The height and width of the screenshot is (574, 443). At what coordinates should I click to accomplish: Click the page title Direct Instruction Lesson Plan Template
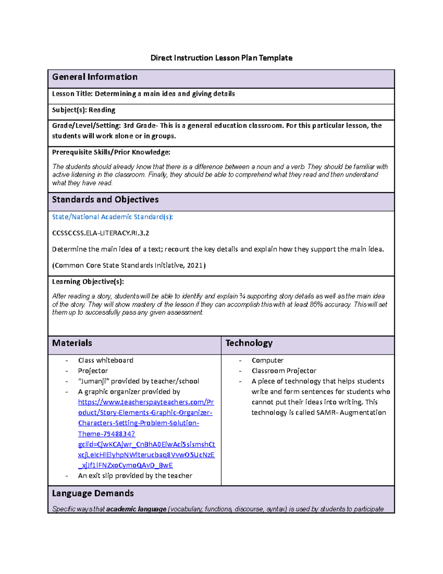[221, 58]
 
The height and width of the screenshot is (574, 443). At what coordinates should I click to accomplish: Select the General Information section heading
[95, 77]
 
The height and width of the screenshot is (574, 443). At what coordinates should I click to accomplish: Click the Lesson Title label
[72, 94]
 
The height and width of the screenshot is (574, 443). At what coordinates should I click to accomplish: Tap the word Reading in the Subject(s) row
[102, 110]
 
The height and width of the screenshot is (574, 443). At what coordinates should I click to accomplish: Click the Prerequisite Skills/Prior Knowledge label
[111, 152]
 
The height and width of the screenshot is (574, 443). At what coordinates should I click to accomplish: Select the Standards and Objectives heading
[105, 200]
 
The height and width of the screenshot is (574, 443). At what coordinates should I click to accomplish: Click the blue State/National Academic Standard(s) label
[112, 217]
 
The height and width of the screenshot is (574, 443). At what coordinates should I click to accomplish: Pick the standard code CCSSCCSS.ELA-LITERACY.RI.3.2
[100, 233]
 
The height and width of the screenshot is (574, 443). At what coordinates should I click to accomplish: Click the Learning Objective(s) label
[88, 282]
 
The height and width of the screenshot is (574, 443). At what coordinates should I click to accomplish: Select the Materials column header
[72, 343]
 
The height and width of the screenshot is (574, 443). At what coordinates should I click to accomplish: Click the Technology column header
[249, 343]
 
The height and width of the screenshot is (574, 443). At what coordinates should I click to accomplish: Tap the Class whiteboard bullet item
[106, 360]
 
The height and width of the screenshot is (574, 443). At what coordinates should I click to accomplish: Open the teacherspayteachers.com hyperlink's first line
[146, 402]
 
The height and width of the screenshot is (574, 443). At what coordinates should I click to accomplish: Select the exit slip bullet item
[135, 476]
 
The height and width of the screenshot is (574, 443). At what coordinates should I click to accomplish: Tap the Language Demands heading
[93, 493]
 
